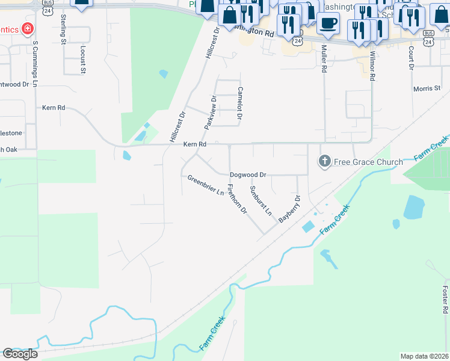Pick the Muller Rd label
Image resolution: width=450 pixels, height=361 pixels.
324,59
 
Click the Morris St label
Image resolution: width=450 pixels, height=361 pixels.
427,88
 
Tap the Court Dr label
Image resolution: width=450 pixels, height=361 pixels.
411,58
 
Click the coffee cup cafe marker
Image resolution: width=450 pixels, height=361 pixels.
328,23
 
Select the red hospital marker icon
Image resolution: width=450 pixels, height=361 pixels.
26,28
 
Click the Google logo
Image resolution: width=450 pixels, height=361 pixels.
20,354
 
